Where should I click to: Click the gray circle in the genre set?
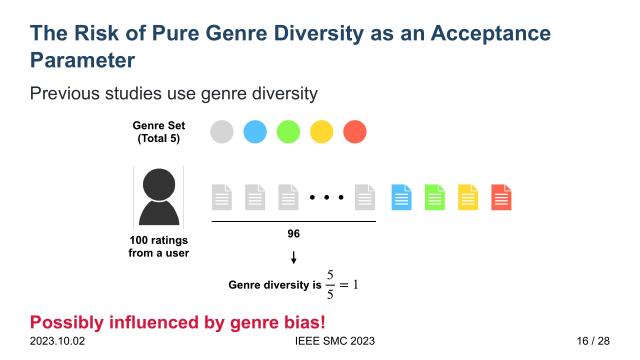tap(222, 131)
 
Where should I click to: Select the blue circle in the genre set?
tap(255, 131)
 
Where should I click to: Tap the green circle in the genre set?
tap(288, 131)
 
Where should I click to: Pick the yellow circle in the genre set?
tap(321, 131)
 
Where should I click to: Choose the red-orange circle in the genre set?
tap(354, 131)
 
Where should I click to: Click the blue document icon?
tap(401, 197)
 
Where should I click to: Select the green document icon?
tap(434, 197)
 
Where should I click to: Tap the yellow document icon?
tap(468, 197)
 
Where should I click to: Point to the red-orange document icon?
tap(501, 197)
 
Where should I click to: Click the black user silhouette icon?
tap(158, 196)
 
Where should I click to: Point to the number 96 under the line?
tap(293, 234)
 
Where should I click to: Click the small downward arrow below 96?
tap(293, 258)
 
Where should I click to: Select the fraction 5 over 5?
tap(329, 285)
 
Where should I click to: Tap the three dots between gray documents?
tap(326, 198)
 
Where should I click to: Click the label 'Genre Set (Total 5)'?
tap(158, 131)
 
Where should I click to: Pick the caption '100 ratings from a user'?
tap(158, 246)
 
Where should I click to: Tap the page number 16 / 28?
tap(592, 342)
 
